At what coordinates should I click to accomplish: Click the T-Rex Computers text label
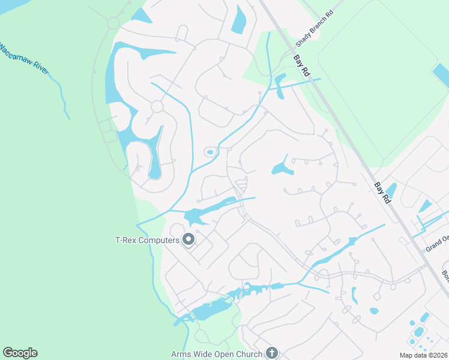coord(148,240)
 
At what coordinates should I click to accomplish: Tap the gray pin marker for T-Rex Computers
coord(188,240)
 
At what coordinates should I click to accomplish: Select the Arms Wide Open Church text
coord(217,354)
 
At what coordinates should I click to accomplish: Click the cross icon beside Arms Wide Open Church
coord(272,353)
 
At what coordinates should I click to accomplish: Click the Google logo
coord(20,353)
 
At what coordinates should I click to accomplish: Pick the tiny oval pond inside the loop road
coord(209,152)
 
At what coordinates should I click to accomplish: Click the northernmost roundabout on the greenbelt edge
coord(113,23)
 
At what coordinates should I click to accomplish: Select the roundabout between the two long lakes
coord(157,107)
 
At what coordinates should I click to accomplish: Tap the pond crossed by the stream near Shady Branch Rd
coord(279,80)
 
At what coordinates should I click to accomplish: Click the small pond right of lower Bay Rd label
coord(391,190)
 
